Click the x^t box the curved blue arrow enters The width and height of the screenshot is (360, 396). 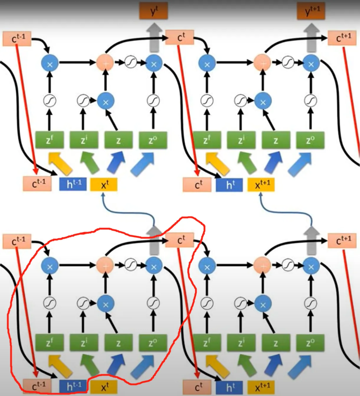click(104, 185)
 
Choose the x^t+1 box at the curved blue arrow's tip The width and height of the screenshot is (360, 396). click(261, 185)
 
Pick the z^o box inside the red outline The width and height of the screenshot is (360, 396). click(153, 343)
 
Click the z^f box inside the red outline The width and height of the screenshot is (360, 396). click(49, 343)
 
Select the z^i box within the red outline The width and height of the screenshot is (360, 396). click(84, 343)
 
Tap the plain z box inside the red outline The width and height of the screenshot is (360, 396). click(118, 343)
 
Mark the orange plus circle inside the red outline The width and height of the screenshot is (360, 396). click(104, 265)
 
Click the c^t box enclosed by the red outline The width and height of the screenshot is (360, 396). click(179, 241)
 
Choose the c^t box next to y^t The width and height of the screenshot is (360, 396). click(179, 38)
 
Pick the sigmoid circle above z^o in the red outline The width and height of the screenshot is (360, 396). click(153, 303)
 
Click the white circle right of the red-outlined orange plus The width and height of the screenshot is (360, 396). click(131, 265)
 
